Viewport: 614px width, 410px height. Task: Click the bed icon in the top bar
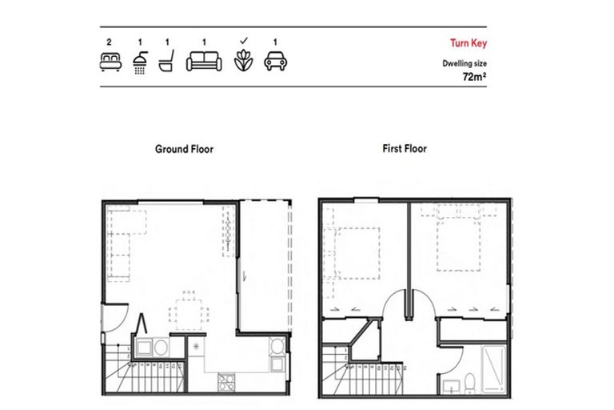(109, 62)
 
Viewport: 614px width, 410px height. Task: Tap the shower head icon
(140, 62)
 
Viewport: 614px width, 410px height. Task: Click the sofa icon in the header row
(203, 62)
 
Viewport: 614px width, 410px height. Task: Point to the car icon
(275, 62)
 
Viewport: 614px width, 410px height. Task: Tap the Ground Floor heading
(184, 149)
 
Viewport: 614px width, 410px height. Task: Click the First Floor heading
(404, 149)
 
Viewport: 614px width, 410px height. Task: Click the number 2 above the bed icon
(109, 41)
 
